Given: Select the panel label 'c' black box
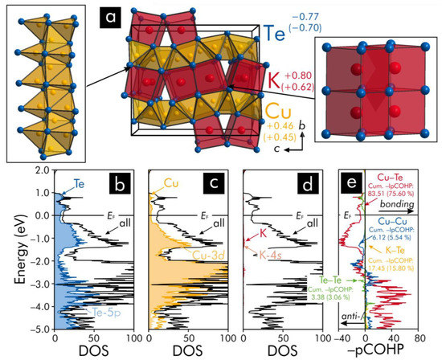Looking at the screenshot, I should coord(218,187).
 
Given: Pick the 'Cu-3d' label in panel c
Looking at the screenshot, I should coord(209,255).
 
